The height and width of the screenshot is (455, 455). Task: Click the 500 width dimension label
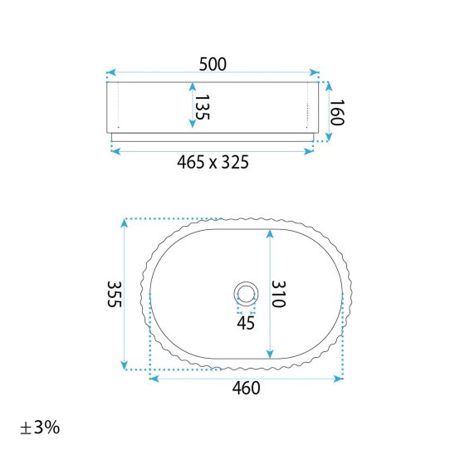(x=213, y=64)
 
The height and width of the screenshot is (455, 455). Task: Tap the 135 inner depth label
(x=202, y=107)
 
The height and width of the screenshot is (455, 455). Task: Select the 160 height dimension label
(x=337, y=113)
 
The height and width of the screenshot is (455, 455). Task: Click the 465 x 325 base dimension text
(x=213, y=162)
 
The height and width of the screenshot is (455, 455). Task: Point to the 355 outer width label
(x=114, y=294)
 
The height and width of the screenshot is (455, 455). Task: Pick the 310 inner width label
(x=279, y=294)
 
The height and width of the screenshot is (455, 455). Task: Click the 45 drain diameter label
(x=246, y=323)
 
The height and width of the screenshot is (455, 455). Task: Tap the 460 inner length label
(x=246, y=388)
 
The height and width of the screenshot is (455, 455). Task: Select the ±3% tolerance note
(x=40, y=428)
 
